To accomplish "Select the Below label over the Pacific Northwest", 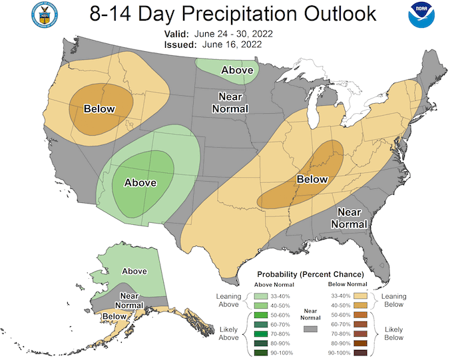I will point(99,109).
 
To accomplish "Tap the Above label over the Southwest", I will point(140,182).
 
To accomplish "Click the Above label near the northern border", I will point(237,70).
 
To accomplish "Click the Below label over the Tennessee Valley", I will point(312,179).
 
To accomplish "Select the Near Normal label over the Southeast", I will point(349,218).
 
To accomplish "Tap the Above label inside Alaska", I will point(134,271).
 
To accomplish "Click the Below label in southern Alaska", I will point(115,316).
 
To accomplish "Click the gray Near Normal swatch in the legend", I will point(309,328).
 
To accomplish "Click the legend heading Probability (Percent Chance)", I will point(310,273).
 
